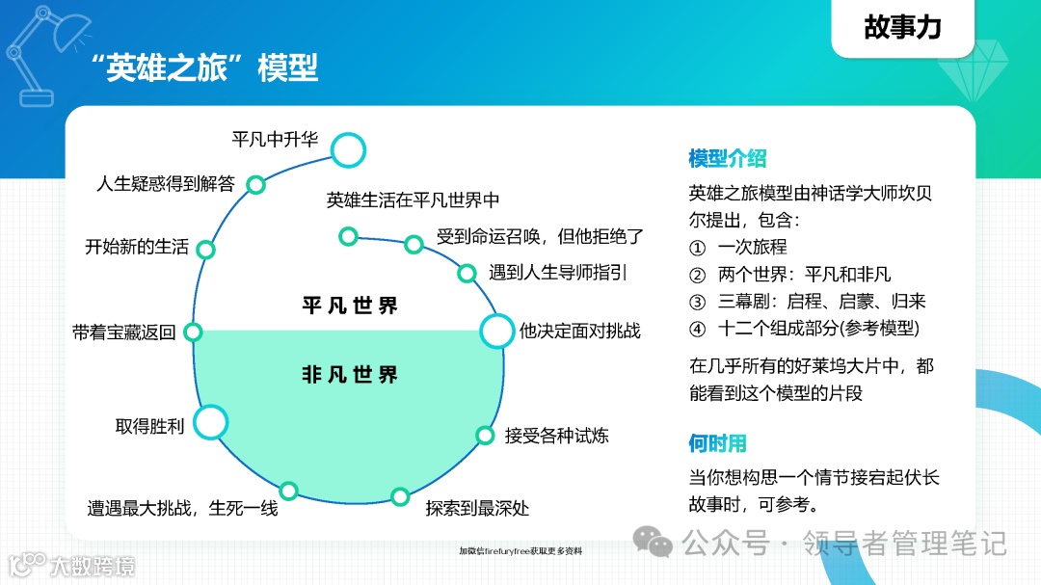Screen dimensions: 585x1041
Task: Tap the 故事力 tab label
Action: [902, 27]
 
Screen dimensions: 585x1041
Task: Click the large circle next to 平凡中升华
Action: [348, 149]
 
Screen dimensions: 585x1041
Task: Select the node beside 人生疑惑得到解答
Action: [256, 184]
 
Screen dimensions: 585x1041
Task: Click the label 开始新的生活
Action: [137, 246]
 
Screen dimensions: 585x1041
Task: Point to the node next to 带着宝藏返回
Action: [193, 332]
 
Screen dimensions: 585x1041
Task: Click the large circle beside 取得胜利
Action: [210, 422]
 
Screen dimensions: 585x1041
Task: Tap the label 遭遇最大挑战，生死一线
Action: [182, 508]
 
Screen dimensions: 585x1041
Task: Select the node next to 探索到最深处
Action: [400, 496]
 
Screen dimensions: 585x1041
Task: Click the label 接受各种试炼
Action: [556, 436]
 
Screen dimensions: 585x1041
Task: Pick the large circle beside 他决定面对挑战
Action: [497, 331]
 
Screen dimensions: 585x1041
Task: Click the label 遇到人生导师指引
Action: [557, 273]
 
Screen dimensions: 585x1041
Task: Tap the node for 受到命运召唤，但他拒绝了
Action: [414, 244]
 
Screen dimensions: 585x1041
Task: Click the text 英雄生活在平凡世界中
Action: [413, 200]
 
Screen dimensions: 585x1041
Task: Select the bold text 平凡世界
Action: [349, 306]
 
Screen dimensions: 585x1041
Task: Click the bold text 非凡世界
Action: [349, 375]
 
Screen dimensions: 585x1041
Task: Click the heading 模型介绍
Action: [727, 158]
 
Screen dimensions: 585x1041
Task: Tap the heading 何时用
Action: [717, 443]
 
